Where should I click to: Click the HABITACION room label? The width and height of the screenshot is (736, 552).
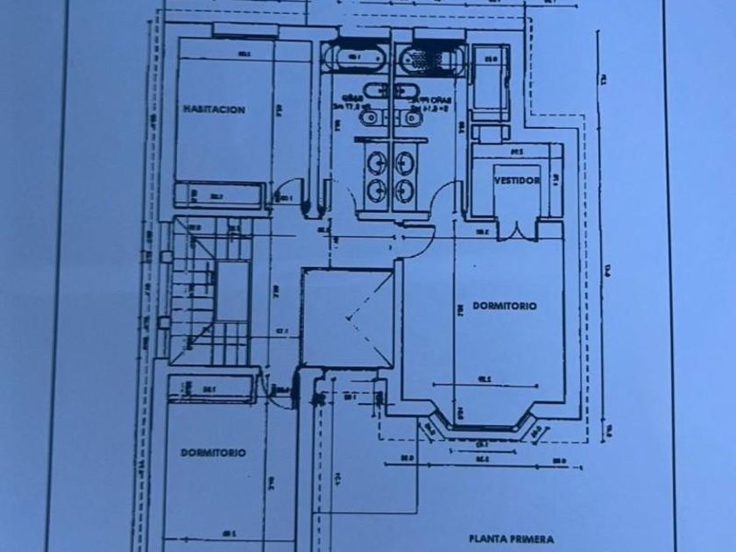pyautogui.click(x=214, y=110)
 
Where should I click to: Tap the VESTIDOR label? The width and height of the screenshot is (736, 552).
pyautogui.click(x=516, y=180)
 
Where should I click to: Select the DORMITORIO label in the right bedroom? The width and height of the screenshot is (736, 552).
pyautogui.click(x=504, y=306)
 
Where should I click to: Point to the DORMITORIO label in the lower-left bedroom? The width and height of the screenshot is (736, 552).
pyautogui.click(x=213, y=453)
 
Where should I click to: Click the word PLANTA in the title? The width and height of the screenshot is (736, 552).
pyautogui.click(x=488, y=540)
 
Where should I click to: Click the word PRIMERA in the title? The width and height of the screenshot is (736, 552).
pyautogui.click(x=533, y=540)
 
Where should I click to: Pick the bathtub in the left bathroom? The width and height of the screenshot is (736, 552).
pyautogui.click(x=356, y=59)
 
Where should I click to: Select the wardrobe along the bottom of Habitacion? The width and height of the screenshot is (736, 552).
pyautogui.click(x=219, y=196)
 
